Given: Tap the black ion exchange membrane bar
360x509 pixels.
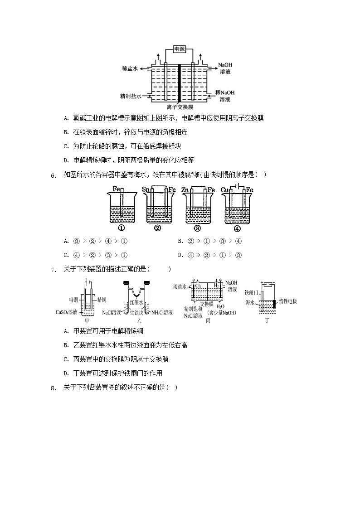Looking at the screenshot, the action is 180,83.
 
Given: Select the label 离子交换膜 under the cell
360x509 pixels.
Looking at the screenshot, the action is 180,107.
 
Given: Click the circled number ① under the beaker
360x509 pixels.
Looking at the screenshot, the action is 122,228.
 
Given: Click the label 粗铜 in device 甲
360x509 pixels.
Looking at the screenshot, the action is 74,299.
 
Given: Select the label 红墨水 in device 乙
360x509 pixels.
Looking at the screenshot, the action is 136,302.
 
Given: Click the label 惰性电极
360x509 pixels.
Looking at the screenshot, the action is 288,301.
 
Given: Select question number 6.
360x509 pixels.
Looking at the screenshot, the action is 53,175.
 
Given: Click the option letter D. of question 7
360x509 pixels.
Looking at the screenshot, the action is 66,373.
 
